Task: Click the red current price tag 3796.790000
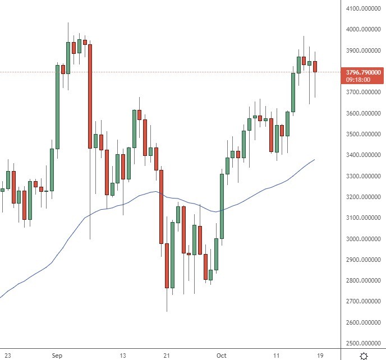click(364, 72)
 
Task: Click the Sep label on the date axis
click(57, 356)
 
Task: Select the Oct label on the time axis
click(222, 356)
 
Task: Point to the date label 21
click(167, 356)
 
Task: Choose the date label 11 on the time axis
click(277, 356)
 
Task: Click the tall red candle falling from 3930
click(90, 95)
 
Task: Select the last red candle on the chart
click(315, 67)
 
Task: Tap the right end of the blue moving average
click(314, 160)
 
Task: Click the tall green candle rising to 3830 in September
click(57, 107)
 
